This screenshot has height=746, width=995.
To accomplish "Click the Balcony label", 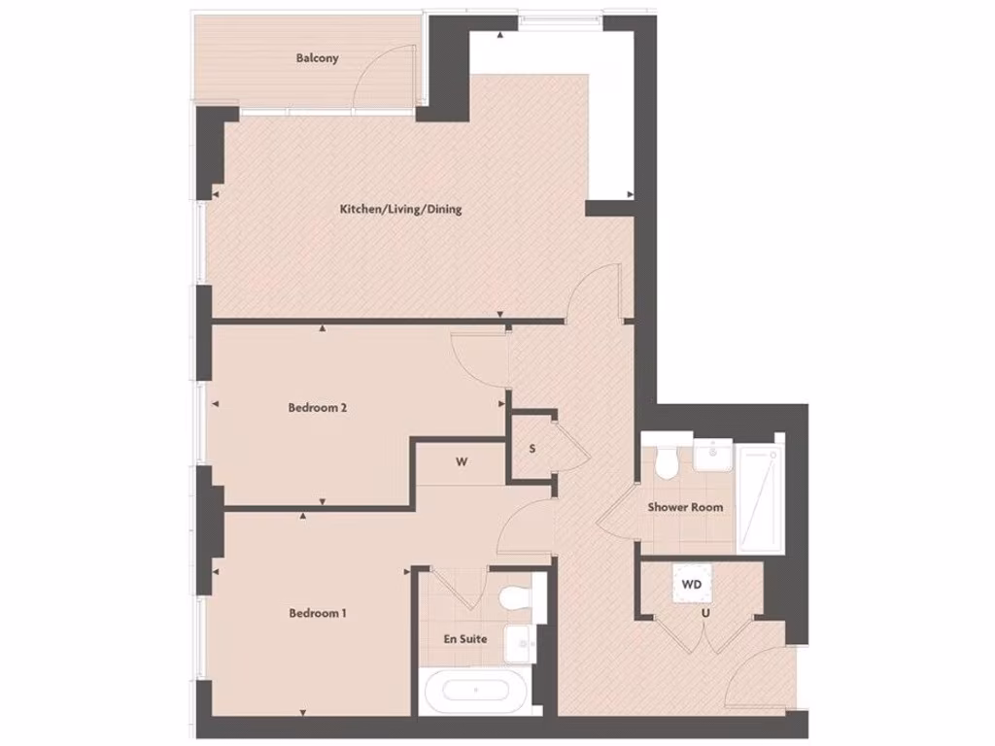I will [318, 58].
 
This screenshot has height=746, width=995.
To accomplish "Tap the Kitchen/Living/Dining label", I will [399, 209].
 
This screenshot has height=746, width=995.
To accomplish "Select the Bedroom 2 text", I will [318, 408].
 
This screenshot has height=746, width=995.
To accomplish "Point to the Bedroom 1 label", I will [318, 613].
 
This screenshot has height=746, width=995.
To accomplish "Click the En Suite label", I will [465, 638].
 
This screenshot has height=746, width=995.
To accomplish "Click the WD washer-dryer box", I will [691, 585].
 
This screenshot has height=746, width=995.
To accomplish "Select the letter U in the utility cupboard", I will [691, 613].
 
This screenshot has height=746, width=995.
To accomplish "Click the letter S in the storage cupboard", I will [532, 449].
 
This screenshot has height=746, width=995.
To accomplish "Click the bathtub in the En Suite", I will [476, 691].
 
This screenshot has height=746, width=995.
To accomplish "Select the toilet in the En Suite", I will [516, 596].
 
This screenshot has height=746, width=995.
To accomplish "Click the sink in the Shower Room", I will [713, 454].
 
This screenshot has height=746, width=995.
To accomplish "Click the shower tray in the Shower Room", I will [760, 500].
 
